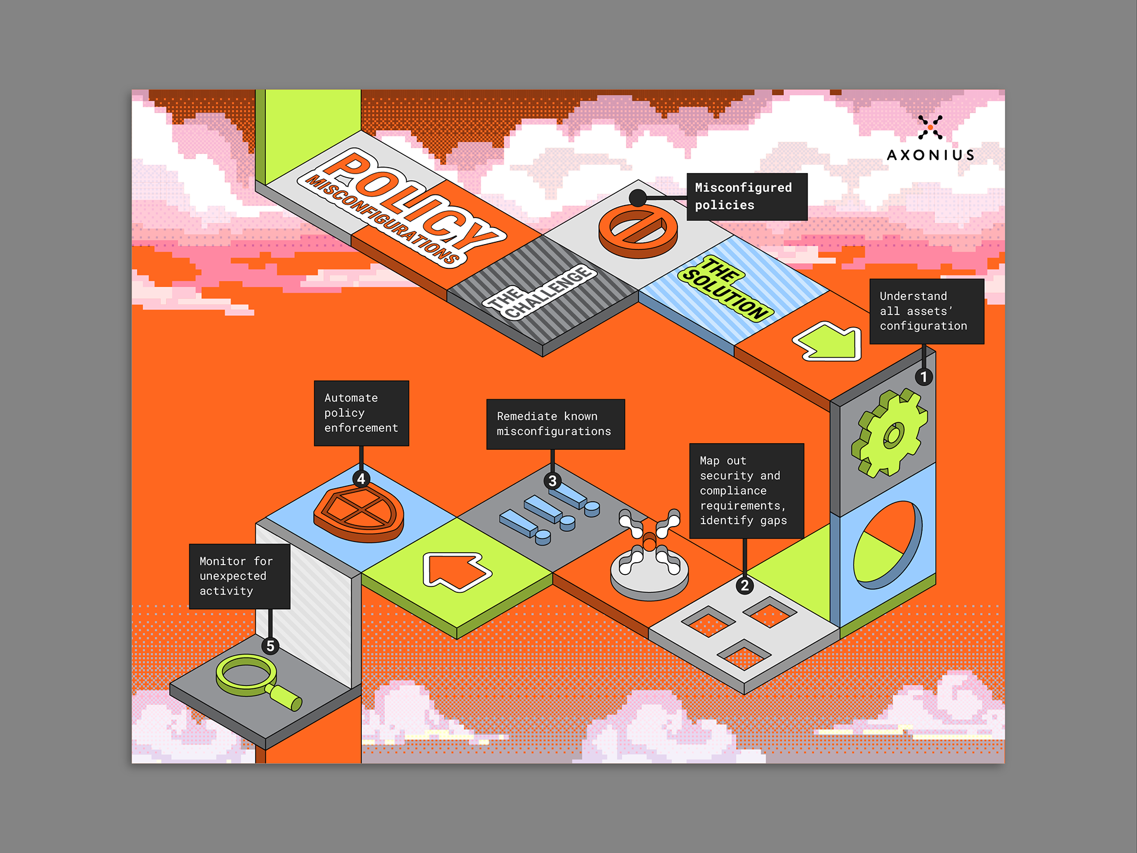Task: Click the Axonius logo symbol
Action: coord(930,127)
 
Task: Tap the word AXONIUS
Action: coord(930,155)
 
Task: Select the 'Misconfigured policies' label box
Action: coord(746,197)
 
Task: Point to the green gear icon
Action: coord(889,434)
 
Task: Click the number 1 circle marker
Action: coord(923,377)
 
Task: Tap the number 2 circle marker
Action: coord(744,586)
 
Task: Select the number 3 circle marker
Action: coord(552,481)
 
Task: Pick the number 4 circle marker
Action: coord(361,479)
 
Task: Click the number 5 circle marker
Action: coord(270,646)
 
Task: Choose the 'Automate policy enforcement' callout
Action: coord(361,413)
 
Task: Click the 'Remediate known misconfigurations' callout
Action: coord(555,424)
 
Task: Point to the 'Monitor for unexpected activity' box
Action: coord(239,576)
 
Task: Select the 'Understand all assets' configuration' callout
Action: coord(926,311)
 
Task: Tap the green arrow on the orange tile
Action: coord(829,342)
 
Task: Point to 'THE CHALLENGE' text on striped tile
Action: coord(540,293)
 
